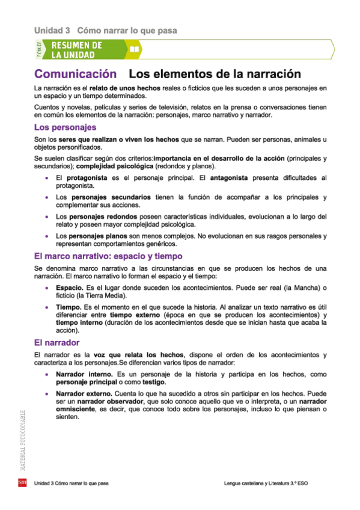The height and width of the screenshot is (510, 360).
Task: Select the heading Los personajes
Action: [66, 127]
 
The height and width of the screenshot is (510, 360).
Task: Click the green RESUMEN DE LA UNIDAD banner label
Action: [76, 49]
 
